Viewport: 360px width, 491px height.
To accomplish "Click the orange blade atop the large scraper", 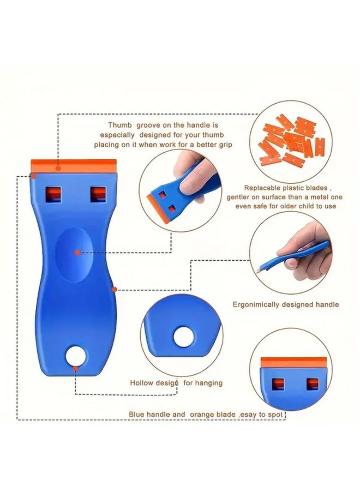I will [74, 163].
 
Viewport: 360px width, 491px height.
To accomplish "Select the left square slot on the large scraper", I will [53, 194].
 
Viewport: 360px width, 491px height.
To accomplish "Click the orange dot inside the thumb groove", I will [77, 252].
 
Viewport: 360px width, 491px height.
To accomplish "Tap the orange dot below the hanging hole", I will [75, 368].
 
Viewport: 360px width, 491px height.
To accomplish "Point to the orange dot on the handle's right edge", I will [114, 289].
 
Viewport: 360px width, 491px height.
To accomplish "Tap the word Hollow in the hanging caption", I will [141, 383].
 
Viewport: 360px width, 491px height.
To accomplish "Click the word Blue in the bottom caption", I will [136, 415].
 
